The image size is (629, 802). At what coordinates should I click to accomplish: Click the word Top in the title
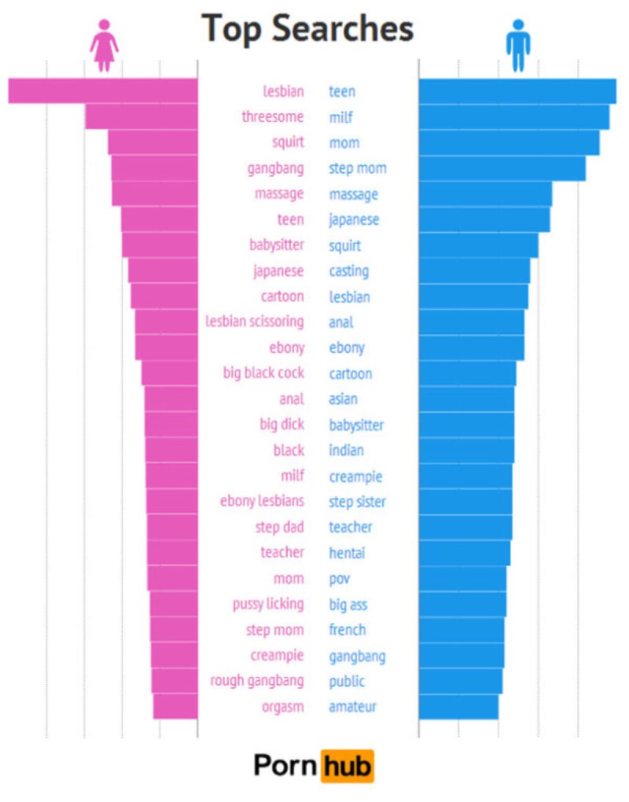tap(232, 29)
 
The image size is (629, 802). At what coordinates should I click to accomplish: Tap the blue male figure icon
tap(518, 46)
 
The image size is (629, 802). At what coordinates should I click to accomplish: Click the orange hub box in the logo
tap(347, 765)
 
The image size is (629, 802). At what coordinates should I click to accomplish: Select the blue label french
tap(347, 630)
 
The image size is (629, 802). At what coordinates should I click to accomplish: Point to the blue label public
tap(347, 681)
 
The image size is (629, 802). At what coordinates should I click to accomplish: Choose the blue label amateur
tap(352, 707)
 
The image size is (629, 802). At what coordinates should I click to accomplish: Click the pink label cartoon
tap(282, 296)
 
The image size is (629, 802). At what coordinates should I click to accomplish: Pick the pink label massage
tap(279, 193)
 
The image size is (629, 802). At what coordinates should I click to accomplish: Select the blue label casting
tap(348, 271)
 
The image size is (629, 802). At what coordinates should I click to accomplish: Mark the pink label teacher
tap(282, 553)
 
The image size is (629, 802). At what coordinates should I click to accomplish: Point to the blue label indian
tap(346, 451)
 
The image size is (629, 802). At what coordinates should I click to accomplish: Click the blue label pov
tap(340, 579)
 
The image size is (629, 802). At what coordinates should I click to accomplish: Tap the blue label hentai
tap(347, 553)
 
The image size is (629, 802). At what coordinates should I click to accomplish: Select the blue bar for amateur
tap(458, 706)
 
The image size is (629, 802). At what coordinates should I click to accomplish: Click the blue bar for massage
tap(485, 193)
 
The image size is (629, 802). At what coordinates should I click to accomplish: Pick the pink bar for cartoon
tap(164, 296)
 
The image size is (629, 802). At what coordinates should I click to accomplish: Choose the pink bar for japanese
tap(163, 270)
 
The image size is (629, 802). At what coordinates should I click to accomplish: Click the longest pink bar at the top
tap(103, 90)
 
